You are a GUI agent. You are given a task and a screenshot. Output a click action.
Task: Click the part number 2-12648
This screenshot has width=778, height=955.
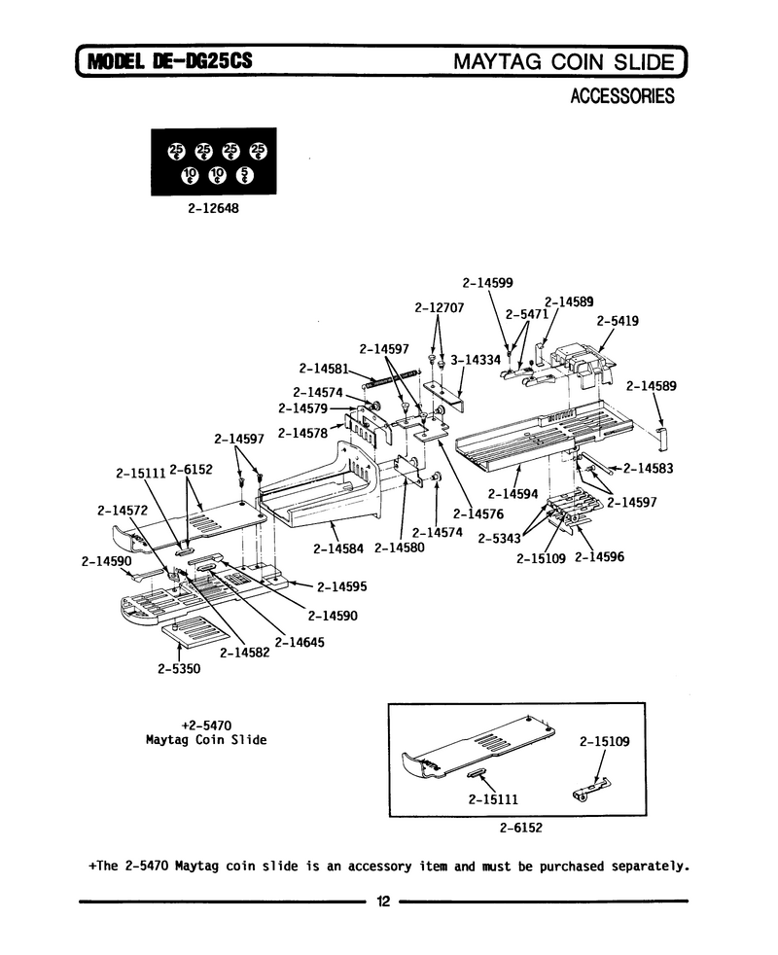213,208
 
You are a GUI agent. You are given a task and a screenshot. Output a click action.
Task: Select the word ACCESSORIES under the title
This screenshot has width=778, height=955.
622,96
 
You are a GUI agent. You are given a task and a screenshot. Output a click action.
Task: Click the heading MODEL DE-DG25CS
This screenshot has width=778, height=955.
170,61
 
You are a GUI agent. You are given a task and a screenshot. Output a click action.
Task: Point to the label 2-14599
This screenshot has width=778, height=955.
487,283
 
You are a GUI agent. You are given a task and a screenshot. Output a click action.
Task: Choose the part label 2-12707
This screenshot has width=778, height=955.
440,307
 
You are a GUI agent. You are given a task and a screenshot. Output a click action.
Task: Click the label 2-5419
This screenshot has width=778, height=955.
618,321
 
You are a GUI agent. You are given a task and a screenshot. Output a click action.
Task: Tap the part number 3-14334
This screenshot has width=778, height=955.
476,360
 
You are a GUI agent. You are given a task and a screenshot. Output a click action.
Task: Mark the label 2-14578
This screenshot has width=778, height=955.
302,433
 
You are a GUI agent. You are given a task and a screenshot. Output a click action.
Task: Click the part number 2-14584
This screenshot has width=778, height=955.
338,548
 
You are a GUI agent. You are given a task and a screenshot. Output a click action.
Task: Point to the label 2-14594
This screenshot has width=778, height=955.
513,494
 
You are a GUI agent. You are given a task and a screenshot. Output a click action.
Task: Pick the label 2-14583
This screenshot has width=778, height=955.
649,469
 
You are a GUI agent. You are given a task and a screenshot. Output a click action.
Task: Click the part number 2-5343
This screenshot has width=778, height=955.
500,539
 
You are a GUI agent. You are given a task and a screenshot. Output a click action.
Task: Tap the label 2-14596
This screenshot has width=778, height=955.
599,556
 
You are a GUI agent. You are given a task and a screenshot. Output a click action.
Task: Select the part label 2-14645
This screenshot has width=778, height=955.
300,643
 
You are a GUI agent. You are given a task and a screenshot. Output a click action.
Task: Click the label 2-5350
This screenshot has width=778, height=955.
179,669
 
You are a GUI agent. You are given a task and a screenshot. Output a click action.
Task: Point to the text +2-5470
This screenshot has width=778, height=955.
206,725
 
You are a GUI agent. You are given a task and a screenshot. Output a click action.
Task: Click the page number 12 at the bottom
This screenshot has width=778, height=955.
383,902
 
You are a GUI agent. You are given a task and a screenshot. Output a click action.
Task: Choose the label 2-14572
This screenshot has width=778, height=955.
123,511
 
